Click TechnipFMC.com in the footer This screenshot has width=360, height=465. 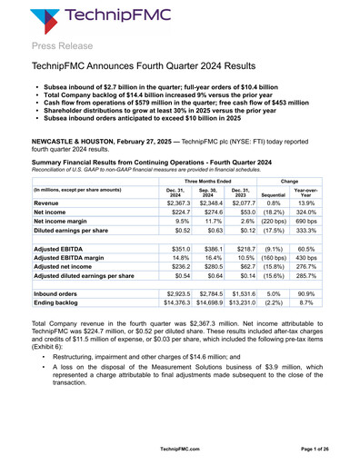tap(179, 449)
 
